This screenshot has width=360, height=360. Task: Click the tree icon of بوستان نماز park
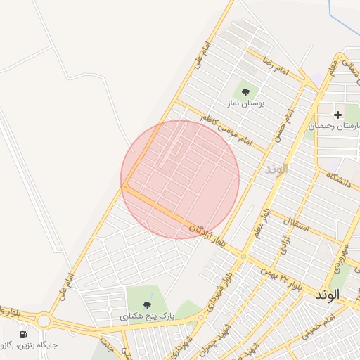(x=245, y=92)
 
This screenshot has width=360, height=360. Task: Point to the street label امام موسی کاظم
(x=225, y=129)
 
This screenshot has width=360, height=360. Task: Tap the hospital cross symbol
(x=337, y=114)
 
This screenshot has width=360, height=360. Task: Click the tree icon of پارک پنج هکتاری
(x=147, y=304)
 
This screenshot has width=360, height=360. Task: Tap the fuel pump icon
(x=23, y=334)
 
